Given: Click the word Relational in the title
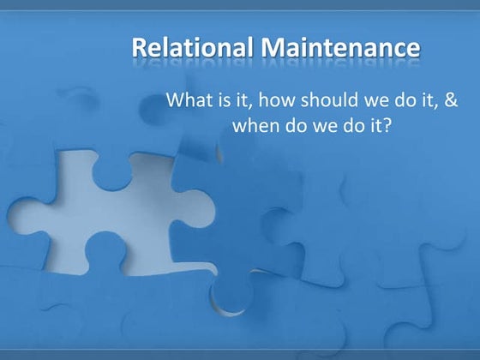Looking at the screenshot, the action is point(193,47).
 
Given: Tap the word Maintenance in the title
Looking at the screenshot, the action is point(341,47).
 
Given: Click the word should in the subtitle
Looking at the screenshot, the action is point(329,99).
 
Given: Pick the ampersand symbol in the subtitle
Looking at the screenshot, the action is point(451,99).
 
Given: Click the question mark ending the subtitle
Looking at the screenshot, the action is point(387,125).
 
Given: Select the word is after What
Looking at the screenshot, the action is point(224,99).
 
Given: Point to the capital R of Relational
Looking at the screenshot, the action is point(139,47).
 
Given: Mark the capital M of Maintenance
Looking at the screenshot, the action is point(273,47).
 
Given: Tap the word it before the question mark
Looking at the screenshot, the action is point(375,125).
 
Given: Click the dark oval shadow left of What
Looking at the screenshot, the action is point(153,108).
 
